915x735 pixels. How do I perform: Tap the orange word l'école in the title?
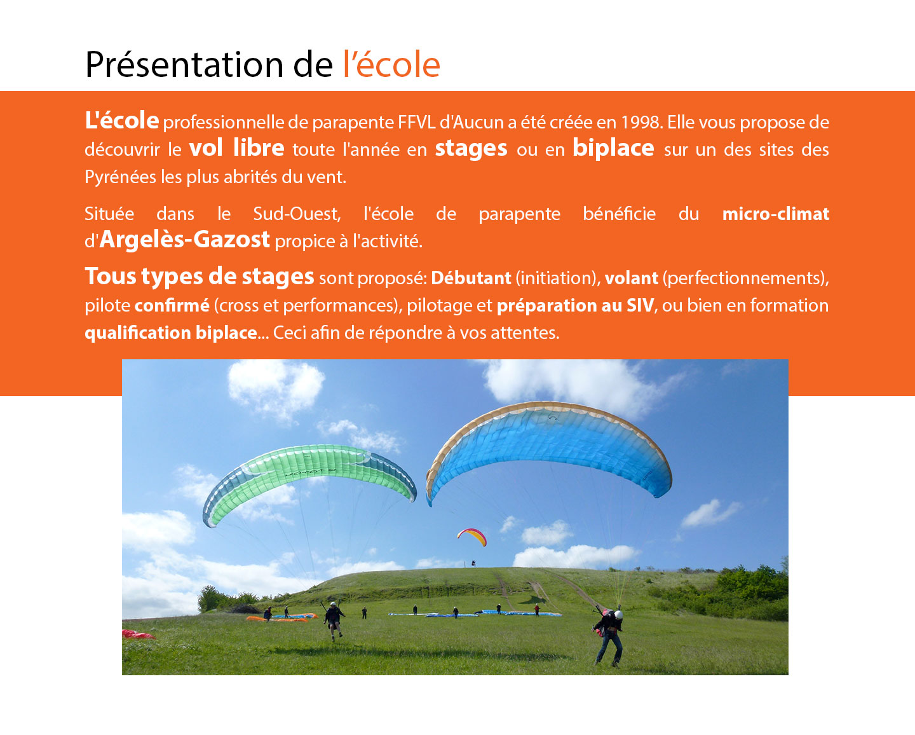tap(391, 64)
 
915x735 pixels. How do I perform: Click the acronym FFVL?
tap(417, 123)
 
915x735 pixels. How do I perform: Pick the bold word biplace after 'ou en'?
tap(613, 149)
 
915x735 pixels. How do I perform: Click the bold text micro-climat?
tap(776, 214)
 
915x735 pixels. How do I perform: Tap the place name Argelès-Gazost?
tap(184, 240)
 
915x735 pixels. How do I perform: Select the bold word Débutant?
tap(471, 278)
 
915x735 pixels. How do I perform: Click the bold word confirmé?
tap(172, 306)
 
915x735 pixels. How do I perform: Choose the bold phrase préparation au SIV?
tap(575, 306)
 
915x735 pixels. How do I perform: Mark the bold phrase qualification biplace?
tap(171, 333)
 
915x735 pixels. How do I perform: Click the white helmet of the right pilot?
tap(618, 615)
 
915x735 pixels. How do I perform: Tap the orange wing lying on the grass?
tap(276, 619)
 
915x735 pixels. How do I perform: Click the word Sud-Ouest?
tap(297, 214)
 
